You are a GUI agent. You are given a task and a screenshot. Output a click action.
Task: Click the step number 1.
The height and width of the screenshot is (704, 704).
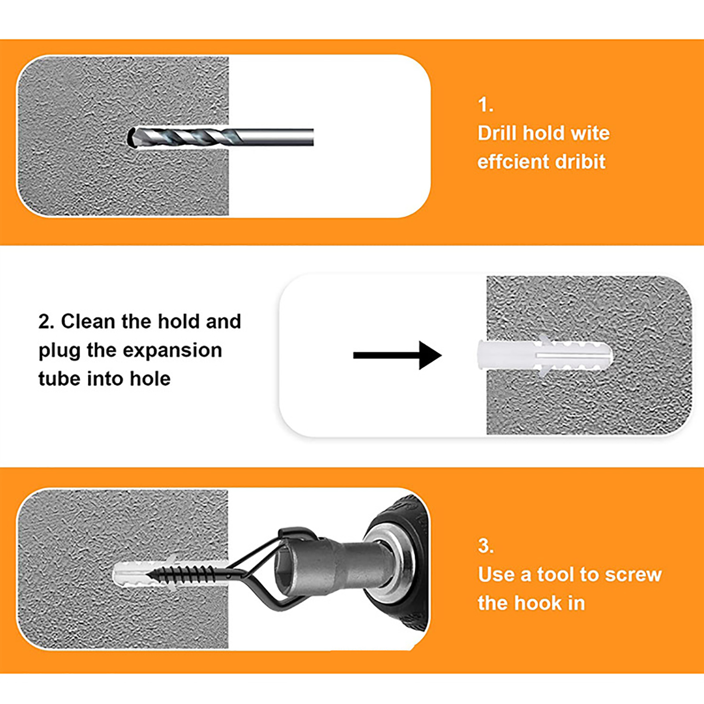485,105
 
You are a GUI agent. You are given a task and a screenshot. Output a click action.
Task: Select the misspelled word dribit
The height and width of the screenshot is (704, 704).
580,161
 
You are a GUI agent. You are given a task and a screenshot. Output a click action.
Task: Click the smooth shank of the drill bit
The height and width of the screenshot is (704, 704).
277,137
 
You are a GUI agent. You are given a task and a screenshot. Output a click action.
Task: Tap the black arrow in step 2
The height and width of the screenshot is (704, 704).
397,355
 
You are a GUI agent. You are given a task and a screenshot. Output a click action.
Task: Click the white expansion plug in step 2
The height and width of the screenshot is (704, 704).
545,355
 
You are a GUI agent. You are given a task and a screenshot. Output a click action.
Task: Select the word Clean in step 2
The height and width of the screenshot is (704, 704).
88,322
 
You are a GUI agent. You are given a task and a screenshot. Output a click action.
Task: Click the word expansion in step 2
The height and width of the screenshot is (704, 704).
172,351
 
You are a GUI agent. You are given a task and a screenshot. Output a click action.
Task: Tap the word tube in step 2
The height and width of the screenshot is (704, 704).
59,379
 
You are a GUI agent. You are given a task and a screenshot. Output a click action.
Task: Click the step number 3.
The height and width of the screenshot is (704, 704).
486,546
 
